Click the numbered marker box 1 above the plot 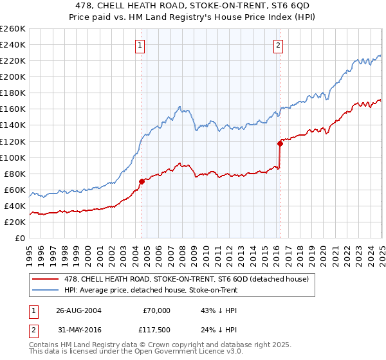point(140,46)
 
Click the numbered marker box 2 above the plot point(278,46)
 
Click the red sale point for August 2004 point(142,181)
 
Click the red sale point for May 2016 point(280,143)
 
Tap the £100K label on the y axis point(13,157)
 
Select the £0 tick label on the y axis point(20,238)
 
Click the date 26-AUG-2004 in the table point(80,310)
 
